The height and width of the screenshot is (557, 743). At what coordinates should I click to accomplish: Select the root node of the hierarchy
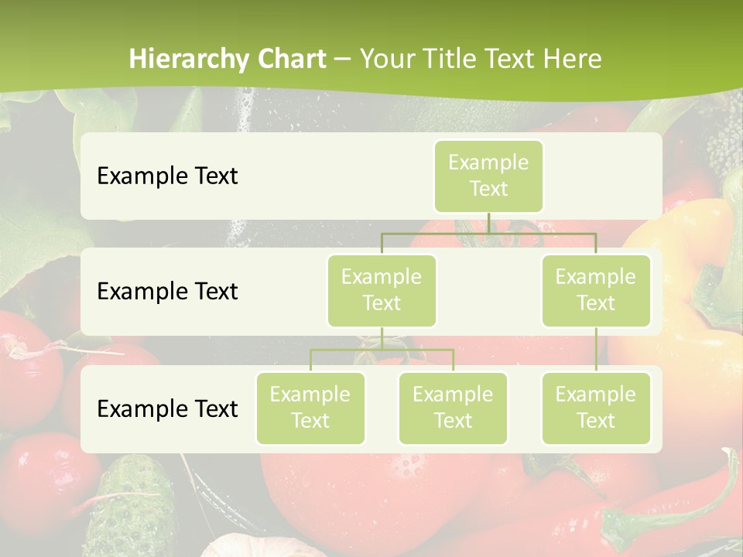(488, 176)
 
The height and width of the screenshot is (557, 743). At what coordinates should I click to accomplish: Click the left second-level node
(382, 290)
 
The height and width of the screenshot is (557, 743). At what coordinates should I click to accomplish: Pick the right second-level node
(596, 290)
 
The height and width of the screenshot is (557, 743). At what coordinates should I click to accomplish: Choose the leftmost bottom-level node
(310, 408)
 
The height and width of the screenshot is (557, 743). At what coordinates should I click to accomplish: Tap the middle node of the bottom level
(453, 408)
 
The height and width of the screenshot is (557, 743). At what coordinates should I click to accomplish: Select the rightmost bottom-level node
(596, 408)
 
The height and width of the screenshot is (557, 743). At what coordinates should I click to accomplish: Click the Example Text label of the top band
(167, 176)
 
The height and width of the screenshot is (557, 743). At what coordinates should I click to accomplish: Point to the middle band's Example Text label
(167, 291)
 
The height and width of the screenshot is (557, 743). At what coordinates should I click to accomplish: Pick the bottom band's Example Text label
(167, 408)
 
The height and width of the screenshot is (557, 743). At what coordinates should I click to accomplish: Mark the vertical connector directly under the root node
(488, 223)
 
